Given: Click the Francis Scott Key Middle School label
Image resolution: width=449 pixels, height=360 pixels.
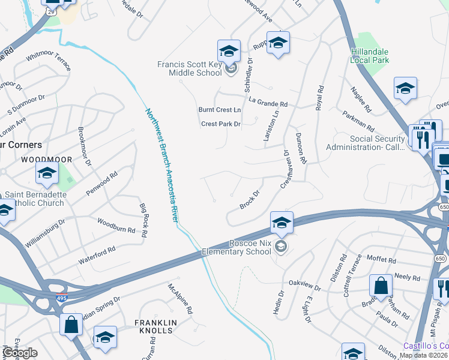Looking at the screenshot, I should pos(189,68).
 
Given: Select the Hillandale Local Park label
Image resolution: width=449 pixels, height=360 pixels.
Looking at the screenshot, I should pos(370,56).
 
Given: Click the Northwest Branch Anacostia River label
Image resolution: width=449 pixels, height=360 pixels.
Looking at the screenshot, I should pos(161,165).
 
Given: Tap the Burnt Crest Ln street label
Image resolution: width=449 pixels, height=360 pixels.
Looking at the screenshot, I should pos(220,110).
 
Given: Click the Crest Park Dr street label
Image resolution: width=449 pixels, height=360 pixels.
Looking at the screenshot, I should pos(220,124).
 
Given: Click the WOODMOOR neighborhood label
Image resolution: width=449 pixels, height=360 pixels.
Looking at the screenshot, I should pos(46,160).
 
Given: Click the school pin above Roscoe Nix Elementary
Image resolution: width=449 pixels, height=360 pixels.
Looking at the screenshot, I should pos(282,223).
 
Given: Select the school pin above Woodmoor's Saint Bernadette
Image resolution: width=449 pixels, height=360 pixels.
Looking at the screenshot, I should pos(47,174).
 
